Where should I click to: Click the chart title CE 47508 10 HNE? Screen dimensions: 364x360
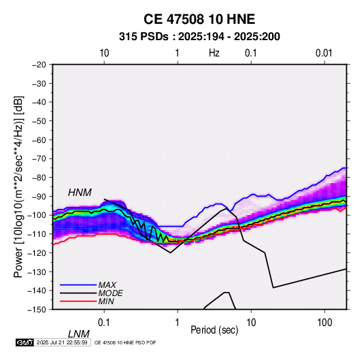(x=199, y=19)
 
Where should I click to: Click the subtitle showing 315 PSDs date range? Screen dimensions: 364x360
(x=199, y=37)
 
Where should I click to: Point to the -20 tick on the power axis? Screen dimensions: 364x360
(x=39, y=65)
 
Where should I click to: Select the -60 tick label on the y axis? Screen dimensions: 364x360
(x=39, y=140)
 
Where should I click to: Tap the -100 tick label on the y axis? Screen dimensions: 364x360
(x=37, y=215)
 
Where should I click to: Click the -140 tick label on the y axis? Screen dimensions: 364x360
(x=37, y=291)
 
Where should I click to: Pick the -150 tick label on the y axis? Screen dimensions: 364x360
(x=37, y=310)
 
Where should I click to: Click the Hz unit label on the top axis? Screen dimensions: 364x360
(x=214, y=53)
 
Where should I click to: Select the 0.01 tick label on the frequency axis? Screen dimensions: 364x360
(x=324, y=53)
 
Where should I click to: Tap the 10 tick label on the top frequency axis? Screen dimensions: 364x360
(x=104, y=53)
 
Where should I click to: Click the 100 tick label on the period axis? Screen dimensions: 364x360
(x=325, y=323)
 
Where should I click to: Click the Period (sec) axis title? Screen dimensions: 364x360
(x=214, y=330)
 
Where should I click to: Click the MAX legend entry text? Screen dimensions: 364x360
(x=107, y=284)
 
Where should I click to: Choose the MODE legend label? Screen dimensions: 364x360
(x=110, y=293)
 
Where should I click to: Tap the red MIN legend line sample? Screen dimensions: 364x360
(x=78, y=301)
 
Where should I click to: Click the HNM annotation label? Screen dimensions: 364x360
(x=80, y=193)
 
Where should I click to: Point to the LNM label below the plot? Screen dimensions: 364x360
(x=78, y=334)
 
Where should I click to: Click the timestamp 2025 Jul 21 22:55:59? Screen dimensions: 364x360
(x=62, y=342)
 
